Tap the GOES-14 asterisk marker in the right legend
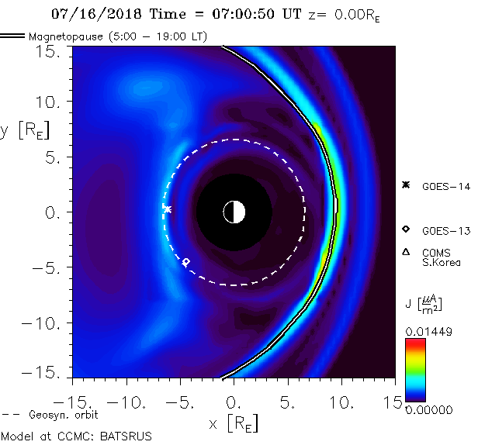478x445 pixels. tap(405, 185)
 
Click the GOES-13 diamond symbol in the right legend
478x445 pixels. tap(405, 229)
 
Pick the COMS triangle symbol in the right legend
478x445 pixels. tap(405, 251)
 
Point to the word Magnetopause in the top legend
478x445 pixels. tap(62, 36)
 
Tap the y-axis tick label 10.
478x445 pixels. tap(48, 102)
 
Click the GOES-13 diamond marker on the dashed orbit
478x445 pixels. tap(185, 261)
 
